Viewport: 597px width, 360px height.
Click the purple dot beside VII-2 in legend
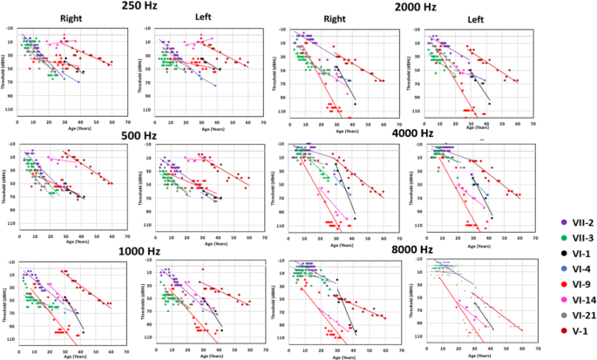(x=542, y=224)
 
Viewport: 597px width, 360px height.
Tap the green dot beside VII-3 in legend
(x=542, y=240)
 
